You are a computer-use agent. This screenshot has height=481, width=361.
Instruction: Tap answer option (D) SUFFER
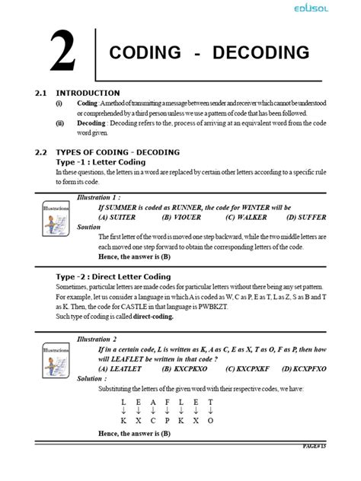click(306, 217)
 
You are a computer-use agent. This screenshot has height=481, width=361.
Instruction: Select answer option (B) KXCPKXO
click(185, 368)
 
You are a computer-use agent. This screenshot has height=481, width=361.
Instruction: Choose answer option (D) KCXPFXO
click(305, 368)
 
